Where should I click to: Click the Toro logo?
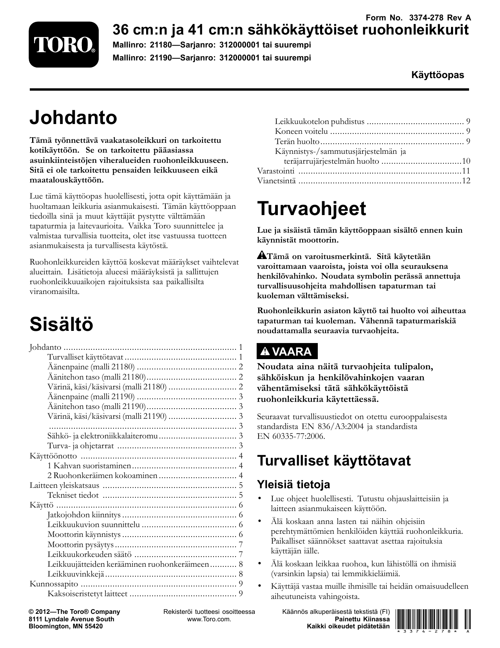click(63, 44)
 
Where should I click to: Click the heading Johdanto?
click(73, 117)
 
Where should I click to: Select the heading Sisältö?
click(62, 324)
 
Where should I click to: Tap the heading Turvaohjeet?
click(312, 208)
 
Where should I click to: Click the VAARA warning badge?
click(287, 352)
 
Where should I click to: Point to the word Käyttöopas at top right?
click(437, 75)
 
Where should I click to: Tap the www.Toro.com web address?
click(209, 619)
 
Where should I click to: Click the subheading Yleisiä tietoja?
click(293, 484)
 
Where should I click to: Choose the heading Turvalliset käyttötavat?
click(334, 460)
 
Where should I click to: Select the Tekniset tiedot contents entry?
click(73, 495)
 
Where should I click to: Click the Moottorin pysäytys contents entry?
click(80, 544)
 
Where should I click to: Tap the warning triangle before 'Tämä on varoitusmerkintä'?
click(262, 256)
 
